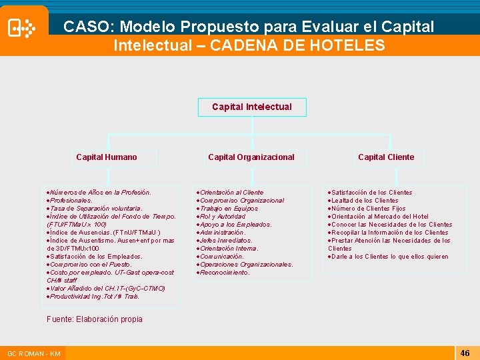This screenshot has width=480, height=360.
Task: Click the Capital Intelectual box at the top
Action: [x=252, y=107]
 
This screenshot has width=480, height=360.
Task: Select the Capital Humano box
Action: [x=107, y=157]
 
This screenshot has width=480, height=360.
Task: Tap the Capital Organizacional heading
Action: [x=251, y=157]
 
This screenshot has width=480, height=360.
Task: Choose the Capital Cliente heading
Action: [x=386, y=157]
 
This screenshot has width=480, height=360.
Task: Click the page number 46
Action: [x=465, y=353]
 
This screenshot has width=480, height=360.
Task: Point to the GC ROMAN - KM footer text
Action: [x=34, y=353]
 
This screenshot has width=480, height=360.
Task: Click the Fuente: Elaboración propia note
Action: [x=95, y=319]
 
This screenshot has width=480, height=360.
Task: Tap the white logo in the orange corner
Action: [x=21, y=29]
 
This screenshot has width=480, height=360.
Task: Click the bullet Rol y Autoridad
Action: [x=223, y=217]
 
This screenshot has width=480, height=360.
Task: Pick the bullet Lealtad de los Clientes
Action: [x=364, y=201]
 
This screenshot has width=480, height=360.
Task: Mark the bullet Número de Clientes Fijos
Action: [x=368, y=209]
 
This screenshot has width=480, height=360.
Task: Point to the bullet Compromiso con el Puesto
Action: [x=91, y=265]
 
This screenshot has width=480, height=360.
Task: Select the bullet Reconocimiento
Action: [x=225, y=273]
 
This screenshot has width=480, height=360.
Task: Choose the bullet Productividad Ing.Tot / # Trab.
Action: [x=94, y=297]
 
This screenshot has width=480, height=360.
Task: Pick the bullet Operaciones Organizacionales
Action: [x=246, y=265]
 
